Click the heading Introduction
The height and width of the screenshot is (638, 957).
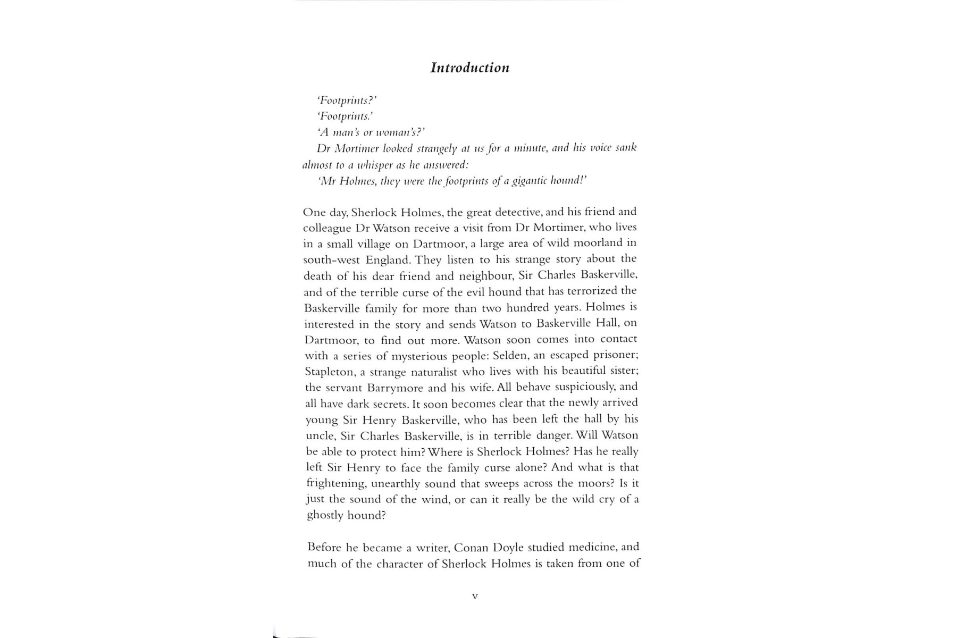coord(469,68)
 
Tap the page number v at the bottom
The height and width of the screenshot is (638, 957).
coord(475,596)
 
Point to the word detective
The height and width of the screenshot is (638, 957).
coord(519,212)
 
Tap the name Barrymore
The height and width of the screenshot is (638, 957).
coord(395,388)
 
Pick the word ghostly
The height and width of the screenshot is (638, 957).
coord(325,516)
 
